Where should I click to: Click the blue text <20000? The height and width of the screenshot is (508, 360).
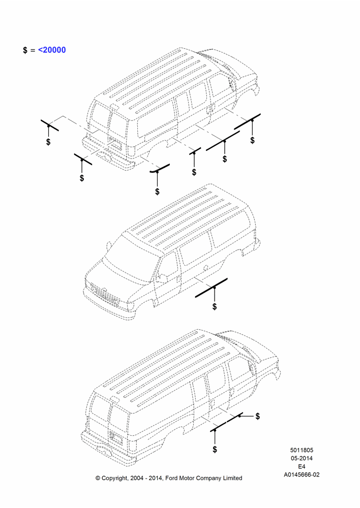click(x=52, y=50)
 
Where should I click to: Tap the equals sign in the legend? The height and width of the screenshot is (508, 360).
click(x=33, y=50)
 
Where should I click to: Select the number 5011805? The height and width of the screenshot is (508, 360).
click(x=302, y=450)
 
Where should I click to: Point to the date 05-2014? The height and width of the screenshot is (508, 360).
click(x=302, y=458)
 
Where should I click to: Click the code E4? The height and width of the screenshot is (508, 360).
click(x=302, y=466)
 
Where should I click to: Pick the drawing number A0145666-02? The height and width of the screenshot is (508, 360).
click(x=302, y=474)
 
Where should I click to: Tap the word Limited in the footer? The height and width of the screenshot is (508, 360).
click(x=232, y=478)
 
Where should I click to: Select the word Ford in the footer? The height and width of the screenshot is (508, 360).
click(x=172, y=478)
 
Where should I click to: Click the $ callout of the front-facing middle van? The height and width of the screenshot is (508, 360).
click(x=215, y=306)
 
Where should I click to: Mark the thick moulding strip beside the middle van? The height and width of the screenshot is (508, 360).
click(x=211, y=288)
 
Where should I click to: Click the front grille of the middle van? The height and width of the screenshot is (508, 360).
click(x=103, y=294)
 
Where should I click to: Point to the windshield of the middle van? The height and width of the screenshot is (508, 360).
click(x=130, y=260)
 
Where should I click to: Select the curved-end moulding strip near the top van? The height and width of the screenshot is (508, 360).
click(x=160, y=169)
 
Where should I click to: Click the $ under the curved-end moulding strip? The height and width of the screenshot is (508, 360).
click(x=157, y=192)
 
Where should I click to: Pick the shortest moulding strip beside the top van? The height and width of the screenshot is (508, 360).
click(x=195, y=151)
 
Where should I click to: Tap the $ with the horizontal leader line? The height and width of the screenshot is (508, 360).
click(x=257, y=417)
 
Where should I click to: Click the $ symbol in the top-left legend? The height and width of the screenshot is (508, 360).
click(x=25, y=50)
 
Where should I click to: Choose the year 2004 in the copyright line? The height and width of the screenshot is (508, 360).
click(x=137, y=478)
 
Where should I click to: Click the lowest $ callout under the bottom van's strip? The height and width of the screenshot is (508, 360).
click(x=215, y=450)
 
